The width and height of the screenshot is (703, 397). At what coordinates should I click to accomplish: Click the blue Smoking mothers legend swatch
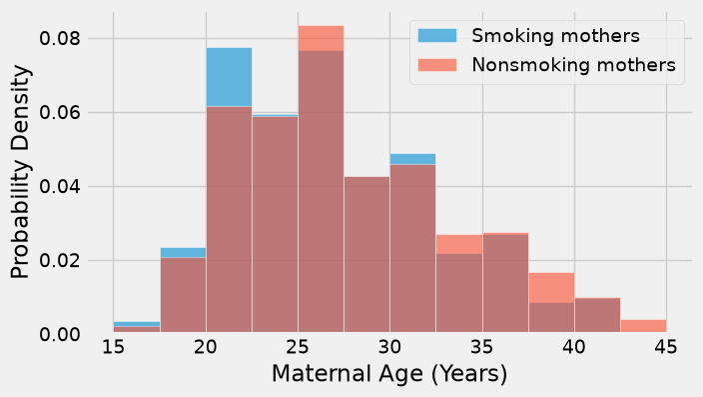(x=437, y=35)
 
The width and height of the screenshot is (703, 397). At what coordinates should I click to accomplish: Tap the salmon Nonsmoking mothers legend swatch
(x=437, y=65)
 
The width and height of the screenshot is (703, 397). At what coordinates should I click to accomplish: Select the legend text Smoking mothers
(x=555, y=35)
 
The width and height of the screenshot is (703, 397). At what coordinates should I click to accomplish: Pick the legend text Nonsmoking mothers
(x=573, y=65)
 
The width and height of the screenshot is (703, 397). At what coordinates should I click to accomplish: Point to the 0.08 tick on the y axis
(x=60, y=38)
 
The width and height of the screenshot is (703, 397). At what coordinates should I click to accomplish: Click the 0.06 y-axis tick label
(x=60, y=112)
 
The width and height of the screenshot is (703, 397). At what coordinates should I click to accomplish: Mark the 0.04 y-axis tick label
(x=60, y=186)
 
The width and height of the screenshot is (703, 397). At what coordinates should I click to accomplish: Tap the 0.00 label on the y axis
(x=60, y=335)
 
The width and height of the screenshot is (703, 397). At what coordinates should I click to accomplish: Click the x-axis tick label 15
(x=113, y=347)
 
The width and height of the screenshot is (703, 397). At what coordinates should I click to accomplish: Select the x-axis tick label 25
(x=298, y=347)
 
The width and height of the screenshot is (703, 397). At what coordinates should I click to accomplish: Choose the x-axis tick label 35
(x=482, y=347)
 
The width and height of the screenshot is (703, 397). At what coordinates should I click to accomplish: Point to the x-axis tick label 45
(x=666, y=347)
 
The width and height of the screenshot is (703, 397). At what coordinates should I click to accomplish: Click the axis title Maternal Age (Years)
(x=389, y=374)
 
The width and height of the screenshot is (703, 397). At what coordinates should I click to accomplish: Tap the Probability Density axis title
(x=21, y=172)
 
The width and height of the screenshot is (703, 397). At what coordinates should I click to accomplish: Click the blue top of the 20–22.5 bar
(x=229, y=77)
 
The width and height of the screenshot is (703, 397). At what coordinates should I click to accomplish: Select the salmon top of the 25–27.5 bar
(x=321, y=38)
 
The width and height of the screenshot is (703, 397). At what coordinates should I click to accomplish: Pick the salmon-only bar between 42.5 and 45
(x=643, y=326)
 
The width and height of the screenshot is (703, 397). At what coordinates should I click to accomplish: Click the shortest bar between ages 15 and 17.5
(x=137, y=327)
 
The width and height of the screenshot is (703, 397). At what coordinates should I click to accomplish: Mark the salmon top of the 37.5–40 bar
(x=551, y=287)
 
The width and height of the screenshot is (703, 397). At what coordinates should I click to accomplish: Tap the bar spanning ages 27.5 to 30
(x=366, y=255)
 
